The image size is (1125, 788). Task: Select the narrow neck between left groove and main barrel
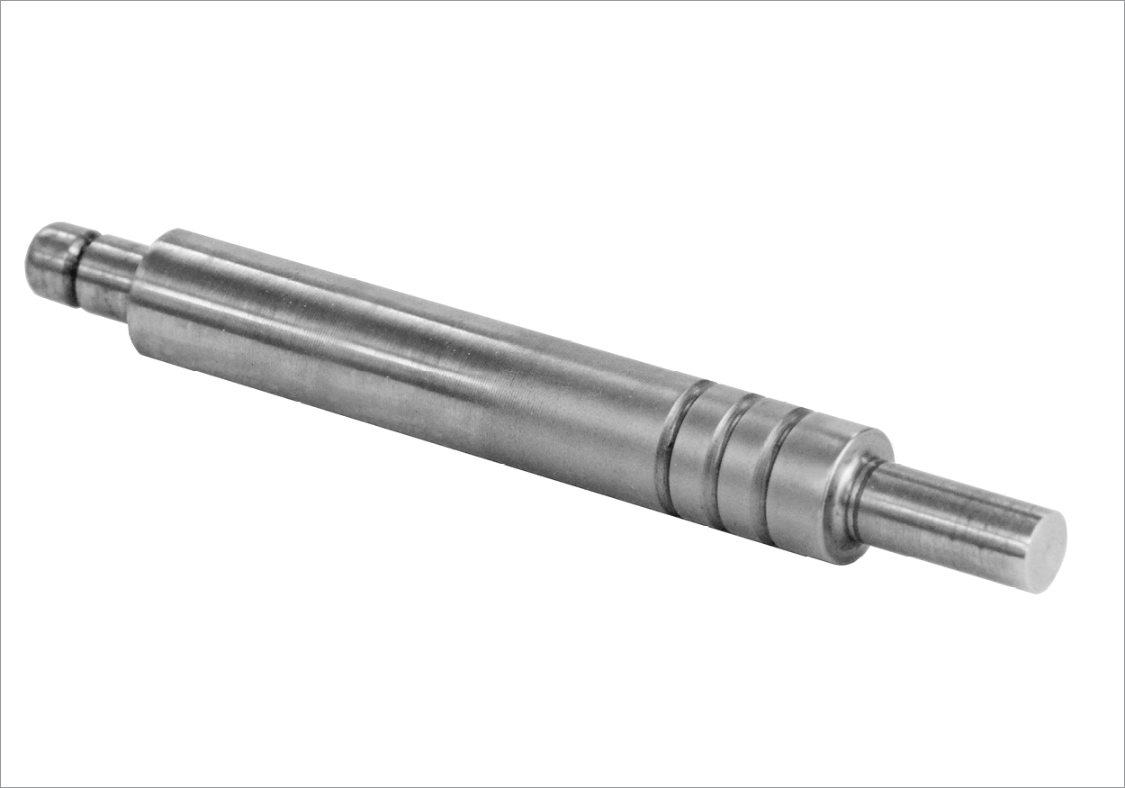coord(106,277)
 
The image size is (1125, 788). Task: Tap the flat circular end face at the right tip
coord(1046,552)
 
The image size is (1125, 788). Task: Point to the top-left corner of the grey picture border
coord(1,1)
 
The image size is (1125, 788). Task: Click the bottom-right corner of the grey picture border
coord(1123,786)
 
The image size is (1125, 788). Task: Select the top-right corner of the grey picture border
coord(1123,1)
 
